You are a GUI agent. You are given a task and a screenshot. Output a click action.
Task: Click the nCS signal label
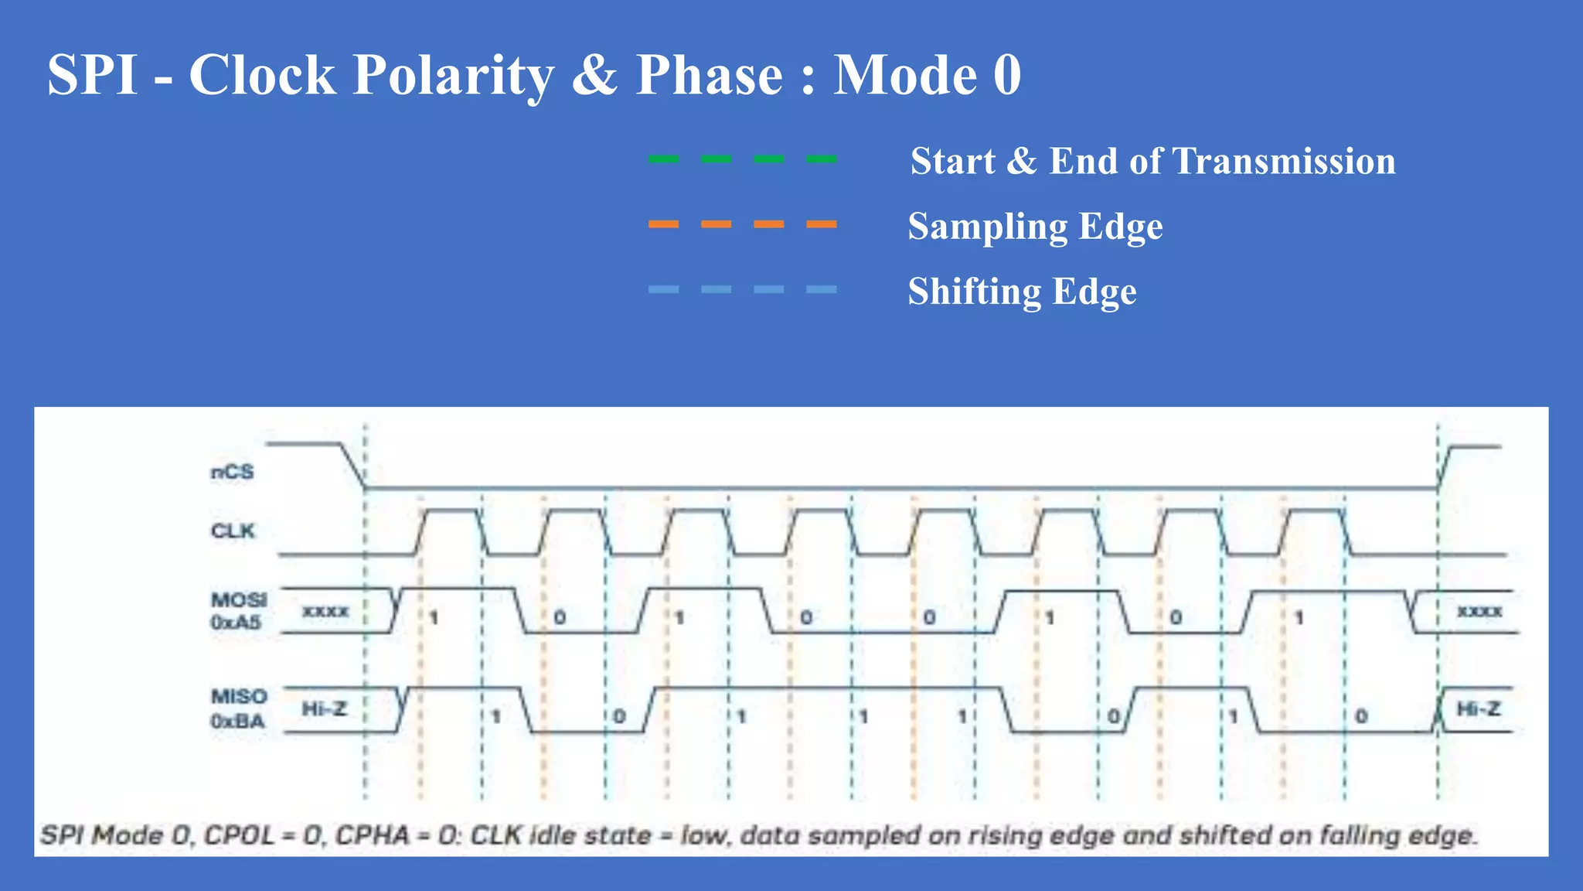(232, 472)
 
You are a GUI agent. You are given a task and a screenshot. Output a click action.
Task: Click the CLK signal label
(233, 531)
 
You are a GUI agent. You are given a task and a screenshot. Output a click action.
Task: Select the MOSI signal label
(239, 600)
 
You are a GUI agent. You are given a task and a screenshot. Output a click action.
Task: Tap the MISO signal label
(239, 697)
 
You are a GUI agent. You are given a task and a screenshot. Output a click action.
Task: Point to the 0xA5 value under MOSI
(236, 623)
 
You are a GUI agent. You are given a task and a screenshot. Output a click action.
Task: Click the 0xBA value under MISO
(237, 722)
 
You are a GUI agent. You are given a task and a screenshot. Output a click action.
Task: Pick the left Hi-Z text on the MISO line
(325, 708)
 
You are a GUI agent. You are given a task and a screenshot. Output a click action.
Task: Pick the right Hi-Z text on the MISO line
(1478, 708)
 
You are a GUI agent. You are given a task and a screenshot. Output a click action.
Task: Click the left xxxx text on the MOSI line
(325, 611)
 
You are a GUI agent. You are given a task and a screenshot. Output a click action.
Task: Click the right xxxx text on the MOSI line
(1479, 611)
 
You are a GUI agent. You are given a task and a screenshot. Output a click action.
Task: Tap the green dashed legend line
(742, 159)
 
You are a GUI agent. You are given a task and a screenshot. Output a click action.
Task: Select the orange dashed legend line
(742, 224)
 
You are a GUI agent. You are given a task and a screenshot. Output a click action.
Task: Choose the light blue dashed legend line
(742, 289)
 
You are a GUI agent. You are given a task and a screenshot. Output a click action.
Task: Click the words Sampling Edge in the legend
(1035, 227)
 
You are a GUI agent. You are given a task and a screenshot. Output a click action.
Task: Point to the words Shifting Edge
(1022, 292)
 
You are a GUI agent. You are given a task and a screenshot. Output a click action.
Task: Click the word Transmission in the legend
(1284, 161)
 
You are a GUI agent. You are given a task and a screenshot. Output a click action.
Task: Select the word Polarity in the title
(453, 76)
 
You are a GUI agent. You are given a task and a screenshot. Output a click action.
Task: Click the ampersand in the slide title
(594, 76)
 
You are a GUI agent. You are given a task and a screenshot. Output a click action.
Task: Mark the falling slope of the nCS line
(352, 466)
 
